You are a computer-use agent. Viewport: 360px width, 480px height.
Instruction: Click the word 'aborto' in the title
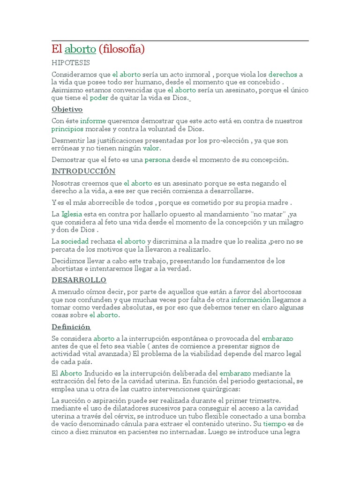80,49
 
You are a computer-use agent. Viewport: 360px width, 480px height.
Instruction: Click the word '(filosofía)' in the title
121,49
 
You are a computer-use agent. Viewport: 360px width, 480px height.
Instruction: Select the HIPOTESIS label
70,63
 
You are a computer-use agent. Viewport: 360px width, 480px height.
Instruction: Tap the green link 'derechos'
283,75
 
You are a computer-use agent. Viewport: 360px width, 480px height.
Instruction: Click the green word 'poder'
99,97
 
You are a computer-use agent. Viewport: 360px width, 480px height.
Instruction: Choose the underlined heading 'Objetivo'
67,109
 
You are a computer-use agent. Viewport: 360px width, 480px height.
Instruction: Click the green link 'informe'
93,121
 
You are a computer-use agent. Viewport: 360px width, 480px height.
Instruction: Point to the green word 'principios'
67,129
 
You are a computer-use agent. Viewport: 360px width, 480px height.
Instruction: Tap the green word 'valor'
151,148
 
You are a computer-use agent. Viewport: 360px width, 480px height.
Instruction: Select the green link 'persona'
157,160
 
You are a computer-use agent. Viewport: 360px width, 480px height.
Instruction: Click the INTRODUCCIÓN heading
83,172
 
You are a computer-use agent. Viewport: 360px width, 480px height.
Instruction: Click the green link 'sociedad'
75,241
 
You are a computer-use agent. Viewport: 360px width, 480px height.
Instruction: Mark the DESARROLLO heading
79,280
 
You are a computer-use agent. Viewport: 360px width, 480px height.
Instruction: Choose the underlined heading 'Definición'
71,327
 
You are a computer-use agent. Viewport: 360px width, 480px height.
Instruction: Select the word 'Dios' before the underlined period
181,97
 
